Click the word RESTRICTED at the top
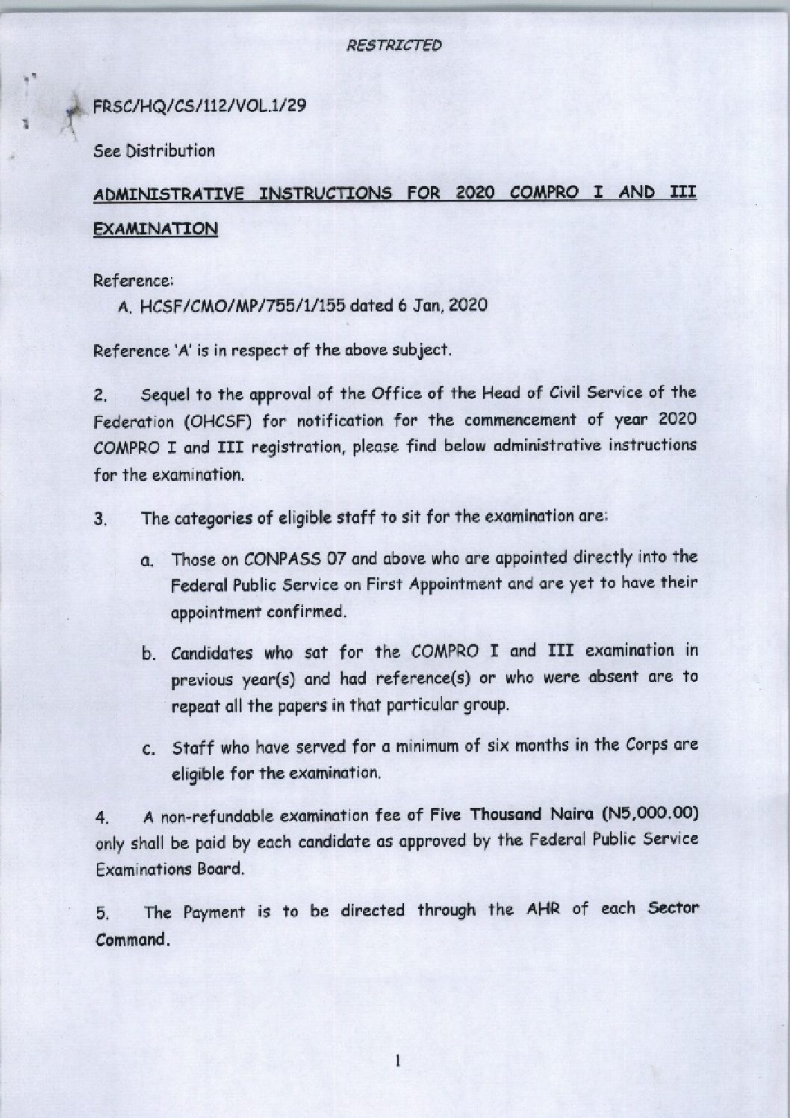pos(394,46)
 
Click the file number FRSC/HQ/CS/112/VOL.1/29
pos(199,106)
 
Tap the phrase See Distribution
pos(154,151)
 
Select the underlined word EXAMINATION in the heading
pos(155,229)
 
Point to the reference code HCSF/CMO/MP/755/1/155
pos(243,306)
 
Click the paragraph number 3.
pos(101,519)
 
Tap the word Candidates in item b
pos(212,653)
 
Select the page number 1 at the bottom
pos(399,1060)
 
